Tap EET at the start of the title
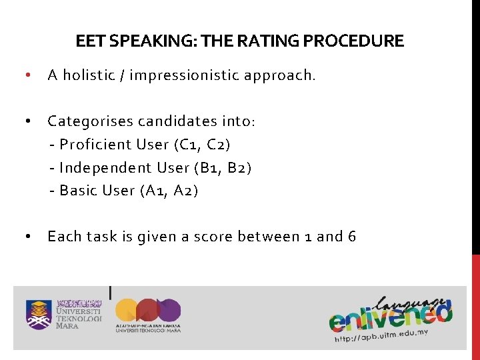point(88,41)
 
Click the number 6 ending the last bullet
point(351,237)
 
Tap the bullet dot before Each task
point(26,237)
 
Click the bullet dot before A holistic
point(26,75)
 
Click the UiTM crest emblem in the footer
point(39,314)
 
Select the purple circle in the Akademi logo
point(168,310)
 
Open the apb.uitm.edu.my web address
point(381,335)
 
